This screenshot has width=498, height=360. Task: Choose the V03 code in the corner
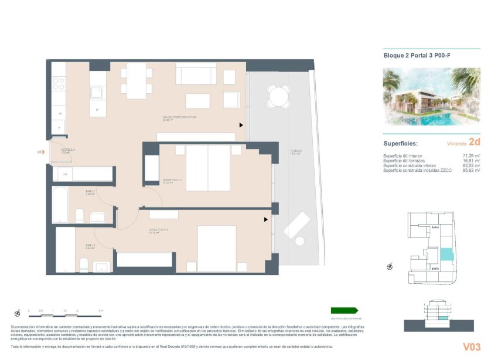(x=472, y=347)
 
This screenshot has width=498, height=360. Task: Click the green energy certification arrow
(x=344, y=310)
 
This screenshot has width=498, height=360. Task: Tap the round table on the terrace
(x=278, y=96)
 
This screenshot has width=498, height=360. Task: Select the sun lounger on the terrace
(x=297, y=226)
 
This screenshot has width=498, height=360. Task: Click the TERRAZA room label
(x=295, y=152)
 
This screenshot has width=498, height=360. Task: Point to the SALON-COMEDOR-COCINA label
(x=179, y=117)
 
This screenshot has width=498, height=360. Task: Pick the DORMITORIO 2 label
(x=172, y=180)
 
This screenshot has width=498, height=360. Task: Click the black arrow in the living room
(x=240, y=125)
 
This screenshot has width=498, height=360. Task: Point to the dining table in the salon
(x=137, y=80)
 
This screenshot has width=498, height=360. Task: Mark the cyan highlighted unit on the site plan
(x=447, y=254)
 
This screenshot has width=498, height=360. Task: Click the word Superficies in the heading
(x=400, y=143)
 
